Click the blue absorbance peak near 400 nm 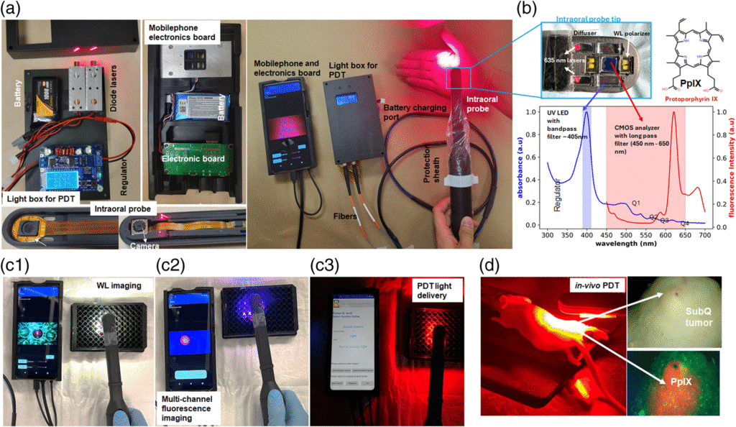586,111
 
